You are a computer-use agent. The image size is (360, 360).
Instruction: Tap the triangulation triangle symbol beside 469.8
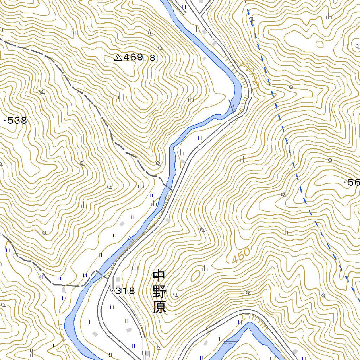coord(118,57)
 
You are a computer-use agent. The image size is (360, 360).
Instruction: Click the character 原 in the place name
coord(160,308)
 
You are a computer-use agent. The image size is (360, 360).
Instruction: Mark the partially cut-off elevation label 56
coord(353,182)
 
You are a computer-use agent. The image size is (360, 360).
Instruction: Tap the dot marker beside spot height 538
coord(5,121)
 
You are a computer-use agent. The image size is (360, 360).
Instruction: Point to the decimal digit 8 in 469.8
coord(152,58)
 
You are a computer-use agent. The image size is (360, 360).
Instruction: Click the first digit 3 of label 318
coord(119,291)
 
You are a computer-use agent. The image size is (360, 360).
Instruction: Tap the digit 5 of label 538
coord(11,121)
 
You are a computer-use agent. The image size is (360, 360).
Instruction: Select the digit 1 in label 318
coord(125,291)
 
